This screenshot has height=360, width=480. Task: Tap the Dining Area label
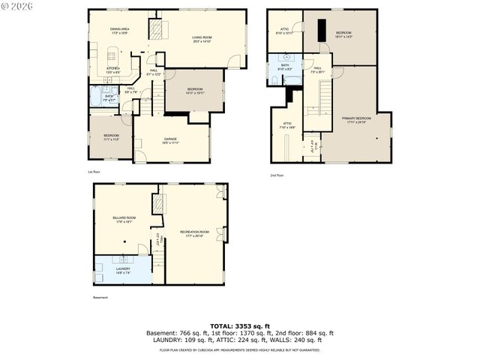click(x=120, y=31)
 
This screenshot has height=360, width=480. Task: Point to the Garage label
click(x=170, y=139)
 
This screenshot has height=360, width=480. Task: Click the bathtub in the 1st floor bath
click(x=96, y=97)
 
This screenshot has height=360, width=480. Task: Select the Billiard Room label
click(x=124, y=220)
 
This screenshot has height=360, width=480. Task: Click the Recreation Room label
click(x=194, y=233)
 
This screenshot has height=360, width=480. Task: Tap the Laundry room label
click(x=123, y=270)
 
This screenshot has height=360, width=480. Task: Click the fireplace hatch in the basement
click(x=157, y=203)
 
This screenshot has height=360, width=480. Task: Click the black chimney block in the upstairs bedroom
click(x=319, y=28)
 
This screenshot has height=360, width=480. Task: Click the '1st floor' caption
click(x=94, y=172)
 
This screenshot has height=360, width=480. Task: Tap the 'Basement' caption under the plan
click(x=100, y=298)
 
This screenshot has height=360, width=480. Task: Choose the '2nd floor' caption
click(x=277, y=175)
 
